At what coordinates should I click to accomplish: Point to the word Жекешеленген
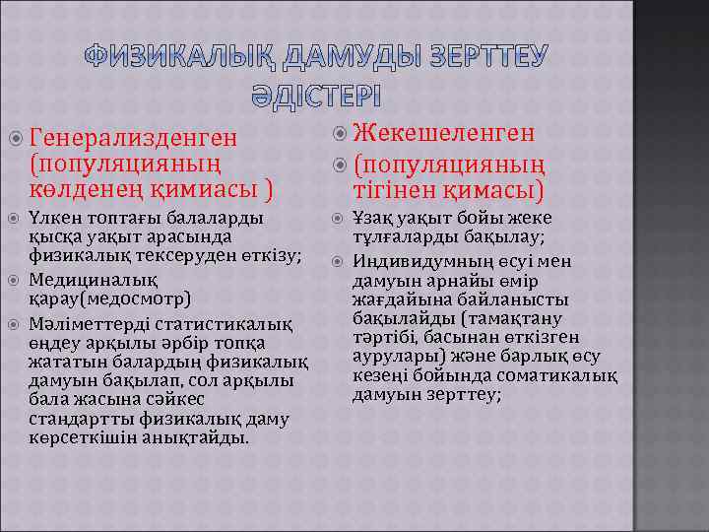[443, 133]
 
